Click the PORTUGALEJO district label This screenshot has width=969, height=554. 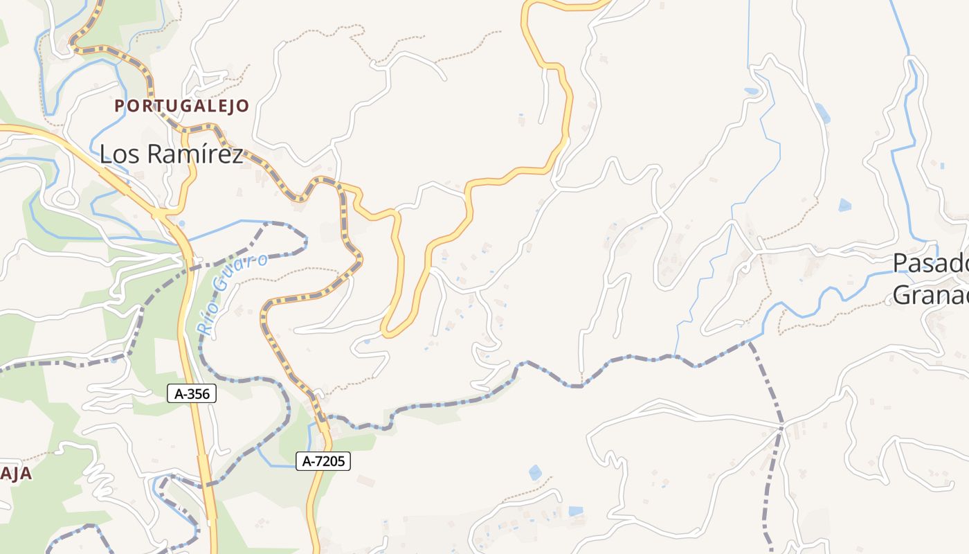(x=181, y=106)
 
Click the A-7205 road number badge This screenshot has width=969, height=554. (x=323, y=461)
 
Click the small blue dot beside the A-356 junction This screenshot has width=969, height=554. (x=182, y=224)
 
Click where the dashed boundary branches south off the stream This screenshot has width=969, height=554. (x=749, y=342)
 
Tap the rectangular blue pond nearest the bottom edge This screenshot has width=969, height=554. (x=575, y=512)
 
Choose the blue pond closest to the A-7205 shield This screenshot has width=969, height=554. (x=535, y=472)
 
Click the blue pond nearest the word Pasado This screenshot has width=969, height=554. (x=844, y=205)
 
